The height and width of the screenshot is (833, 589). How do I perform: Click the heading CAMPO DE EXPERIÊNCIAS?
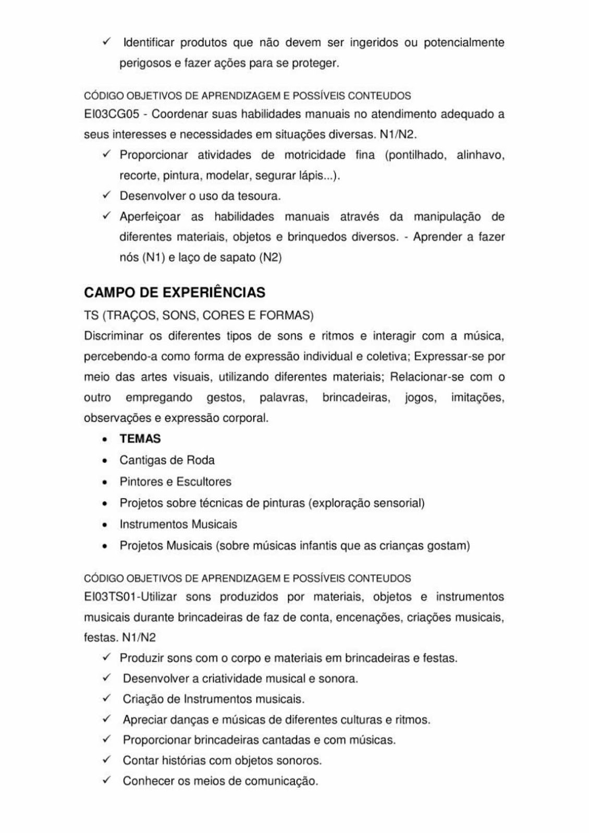click(175, 293)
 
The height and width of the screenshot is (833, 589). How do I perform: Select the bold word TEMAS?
click(140, 439)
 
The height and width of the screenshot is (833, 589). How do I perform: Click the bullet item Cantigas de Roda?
click(167, 460)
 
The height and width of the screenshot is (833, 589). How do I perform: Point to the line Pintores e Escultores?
click(175, 482)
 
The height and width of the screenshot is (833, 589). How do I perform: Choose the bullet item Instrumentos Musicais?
click(178, 524)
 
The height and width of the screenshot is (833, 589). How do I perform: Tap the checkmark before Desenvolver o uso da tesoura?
click(106, 196)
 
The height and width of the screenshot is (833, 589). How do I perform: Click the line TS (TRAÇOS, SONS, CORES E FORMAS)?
click(199, 315)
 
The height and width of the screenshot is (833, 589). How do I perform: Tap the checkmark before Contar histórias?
click(106, 760)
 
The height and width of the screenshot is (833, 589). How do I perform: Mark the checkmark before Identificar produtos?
click(106, 42)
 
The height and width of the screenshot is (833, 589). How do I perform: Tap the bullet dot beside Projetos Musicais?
click(106, 547)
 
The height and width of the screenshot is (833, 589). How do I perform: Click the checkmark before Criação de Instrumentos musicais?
click(106, 699)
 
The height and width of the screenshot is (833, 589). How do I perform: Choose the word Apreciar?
click(144, 720)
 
